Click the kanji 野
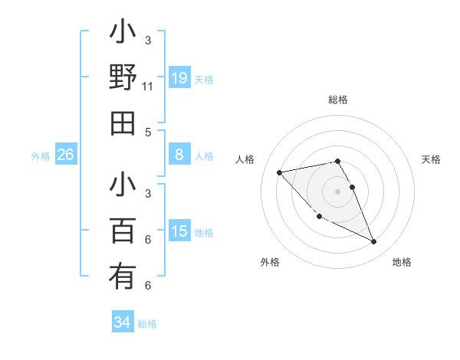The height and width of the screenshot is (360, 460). click(x=123, y=77)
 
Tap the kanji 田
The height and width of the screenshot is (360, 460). click(x=123, y=123)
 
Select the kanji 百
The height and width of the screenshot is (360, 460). click(x=123, y=231)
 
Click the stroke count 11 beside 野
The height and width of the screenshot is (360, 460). click(x=149, y=87)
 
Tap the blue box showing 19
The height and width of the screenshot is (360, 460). click(x=179, y=77)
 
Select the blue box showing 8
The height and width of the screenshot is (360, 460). click(x=179, y=155)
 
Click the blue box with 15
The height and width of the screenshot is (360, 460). click(x=179, y=231)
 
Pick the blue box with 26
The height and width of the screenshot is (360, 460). click(x=66, y=155)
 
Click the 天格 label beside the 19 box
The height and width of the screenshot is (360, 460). click(x=204, y=79)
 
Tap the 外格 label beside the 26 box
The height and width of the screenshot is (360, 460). click(x=41, y=156)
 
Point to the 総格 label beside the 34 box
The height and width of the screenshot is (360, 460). click(x=147, y=324)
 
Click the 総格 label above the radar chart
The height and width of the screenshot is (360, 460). click(x=337, y=100)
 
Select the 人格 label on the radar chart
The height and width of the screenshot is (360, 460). click(x=245, y=159)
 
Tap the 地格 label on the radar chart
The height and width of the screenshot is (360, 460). click(x=402, y=262)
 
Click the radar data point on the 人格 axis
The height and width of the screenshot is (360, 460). click(x=280, y=172)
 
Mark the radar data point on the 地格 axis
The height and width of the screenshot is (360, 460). click(x=374, y=242)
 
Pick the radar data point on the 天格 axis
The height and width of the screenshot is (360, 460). click(x=352, y=186)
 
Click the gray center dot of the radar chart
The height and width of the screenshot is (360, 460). click(x=337, y=191)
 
